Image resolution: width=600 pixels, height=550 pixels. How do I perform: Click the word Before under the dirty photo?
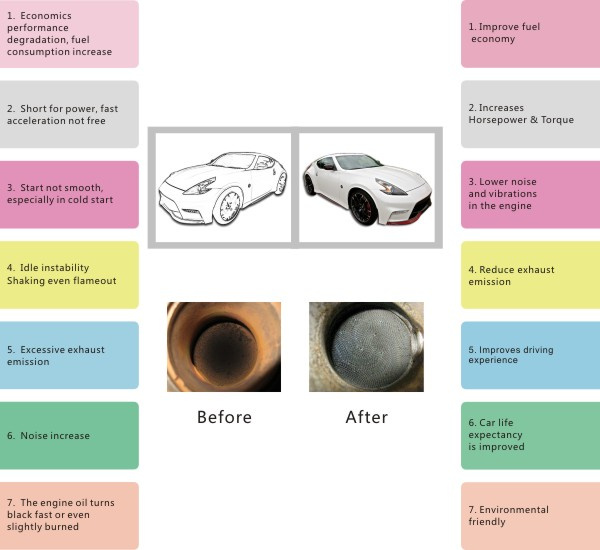224,417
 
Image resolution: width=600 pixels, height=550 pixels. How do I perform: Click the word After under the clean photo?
367,417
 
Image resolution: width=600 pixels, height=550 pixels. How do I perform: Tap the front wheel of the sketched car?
229,207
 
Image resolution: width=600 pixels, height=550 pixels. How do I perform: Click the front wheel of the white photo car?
362,208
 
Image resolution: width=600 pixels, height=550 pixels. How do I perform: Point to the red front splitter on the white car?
406,218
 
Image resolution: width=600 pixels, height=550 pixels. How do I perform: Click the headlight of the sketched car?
201,186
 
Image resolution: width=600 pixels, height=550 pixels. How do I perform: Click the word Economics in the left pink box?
46,16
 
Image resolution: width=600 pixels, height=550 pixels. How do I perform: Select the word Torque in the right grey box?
558,120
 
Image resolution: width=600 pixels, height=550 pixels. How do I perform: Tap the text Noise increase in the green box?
55,436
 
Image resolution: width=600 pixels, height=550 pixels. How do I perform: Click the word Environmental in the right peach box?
514,510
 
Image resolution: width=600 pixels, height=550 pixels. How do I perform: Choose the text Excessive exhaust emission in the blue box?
55,356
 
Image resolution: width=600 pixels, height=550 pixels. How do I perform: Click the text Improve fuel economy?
504,33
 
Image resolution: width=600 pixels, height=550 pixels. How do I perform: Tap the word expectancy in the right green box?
495,435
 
